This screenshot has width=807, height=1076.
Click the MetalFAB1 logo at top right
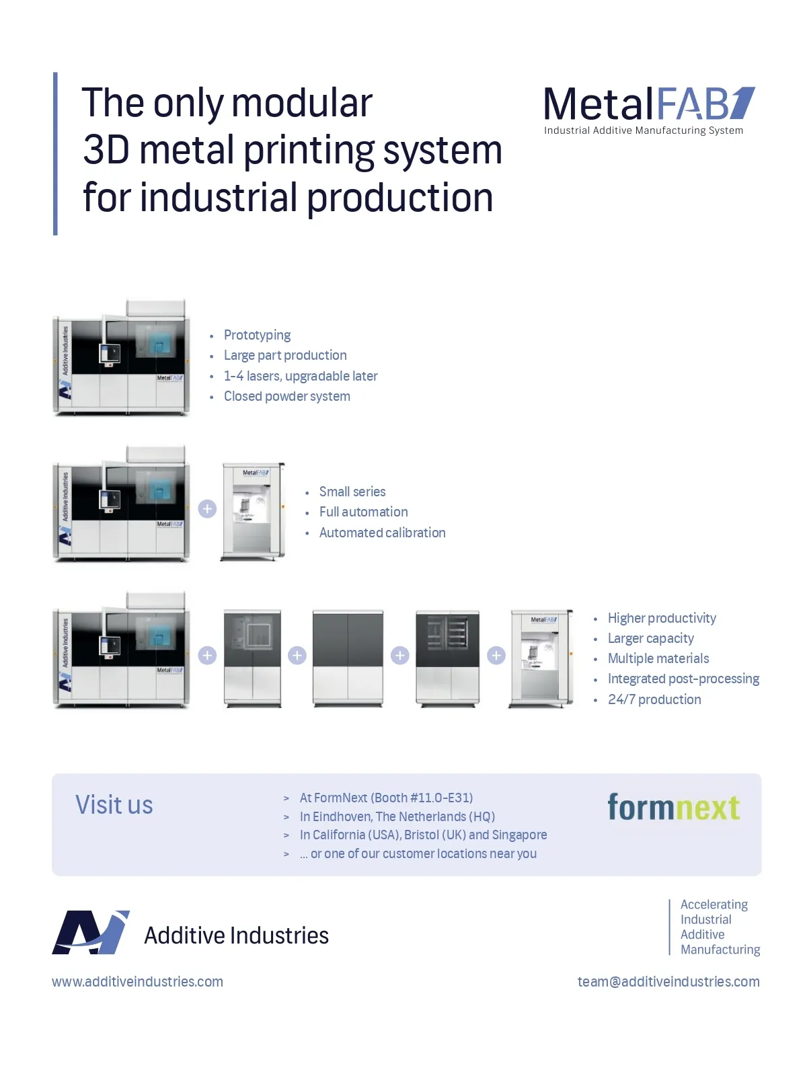[649, 104]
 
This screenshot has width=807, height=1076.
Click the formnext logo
[673, 807]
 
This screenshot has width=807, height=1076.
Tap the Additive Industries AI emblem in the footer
[91, 933]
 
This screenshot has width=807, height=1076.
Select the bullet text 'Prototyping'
[257, 335]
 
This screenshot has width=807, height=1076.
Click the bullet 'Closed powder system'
[286, 396]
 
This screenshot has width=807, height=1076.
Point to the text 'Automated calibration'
[382, 533]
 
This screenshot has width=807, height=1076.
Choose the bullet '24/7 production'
[654, 699]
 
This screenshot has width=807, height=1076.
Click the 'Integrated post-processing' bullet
[683, 679]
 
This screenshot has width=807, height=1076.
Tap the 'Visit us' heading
[114, 805]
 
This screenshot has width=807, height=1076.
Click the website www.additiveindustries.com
[137, 982]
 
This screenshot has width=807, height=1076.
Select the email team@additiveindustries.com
[668, 982]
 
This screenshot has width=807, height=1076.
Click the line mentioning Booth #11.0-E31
[386, 798]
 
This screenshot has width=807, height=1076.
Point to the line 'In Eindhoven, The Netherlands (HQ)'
[397, 816]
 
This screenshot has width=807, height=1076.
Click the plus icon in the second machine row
[207, 509]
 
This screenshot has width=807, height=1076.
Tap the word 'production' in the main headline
[400, 198]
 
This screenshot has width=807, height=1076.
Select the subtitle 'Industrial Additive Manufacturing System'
[644, 130]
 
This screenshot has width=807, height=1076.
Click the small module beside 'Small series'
[254, 511]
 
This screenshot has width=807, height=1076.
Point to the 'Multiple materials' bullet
[658, 658]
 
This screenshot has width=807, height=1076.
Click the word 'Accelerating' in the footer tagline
[714, 905]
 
